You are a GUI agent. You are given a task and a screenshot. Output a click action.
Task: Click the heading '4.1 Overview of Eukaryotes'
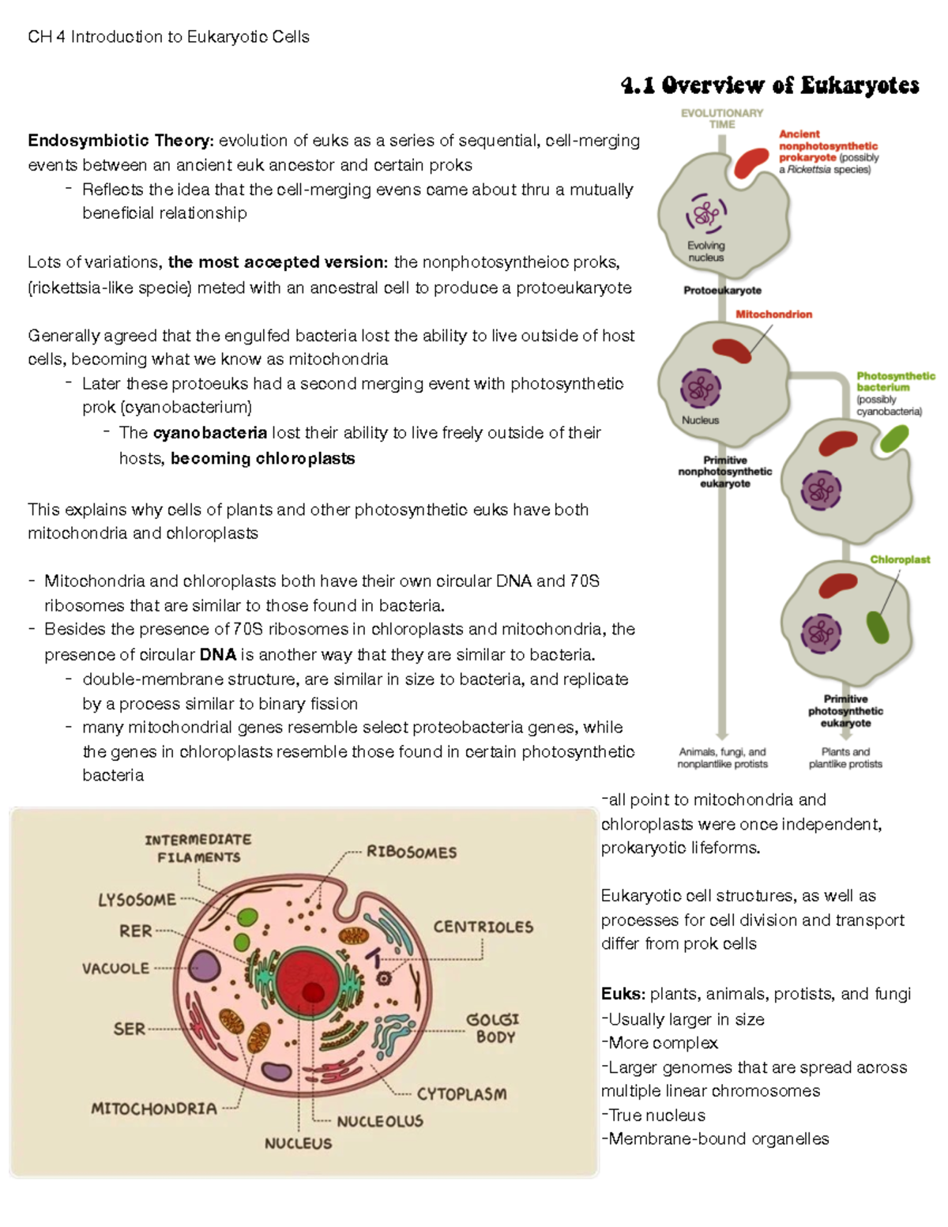pyautogui.click(x=770, y=85)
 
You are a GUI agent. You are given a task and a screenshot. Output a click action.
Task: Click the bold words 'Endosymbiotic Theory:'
pyautogui.click(x=121, y=141)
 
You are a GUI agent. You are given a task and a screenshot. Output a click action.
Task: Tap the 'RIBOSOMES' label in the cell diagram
pyautogui.click(x=412, y=853)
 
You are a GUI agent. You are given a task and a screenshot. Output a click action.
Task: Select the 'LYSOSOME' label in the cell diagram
pyautogui.click(x=137, y=900)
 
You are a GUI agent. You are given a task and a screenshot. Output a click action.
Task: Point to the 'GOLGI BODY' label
pyautogui.click(x=493, y=1028)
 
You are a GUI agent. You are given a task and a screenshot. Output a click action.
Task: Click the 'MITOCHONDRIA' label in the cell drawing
pyautogui.click(x=154, y=1108)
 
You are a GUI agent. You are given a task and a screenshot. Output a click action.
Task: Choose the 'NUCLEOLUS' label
pyautogui.click(x=380, y=1121)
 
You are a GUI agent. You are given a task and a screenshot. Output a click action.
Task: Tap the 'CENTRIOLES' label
pyautogui.click(x=483, y=927)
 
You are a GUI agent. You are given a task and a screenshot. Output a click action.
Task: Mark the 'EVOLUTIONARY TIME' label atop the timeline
pyautogui.click(x=722, y=119)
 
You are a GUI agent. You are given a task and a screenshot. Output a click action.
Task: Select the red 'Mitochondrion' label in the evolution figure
pyautogui.click(x=773, y=314)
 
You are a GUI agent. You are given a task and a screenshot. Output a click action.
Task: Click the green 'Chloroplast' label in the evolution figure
pyautogui.click(x=900, y=559)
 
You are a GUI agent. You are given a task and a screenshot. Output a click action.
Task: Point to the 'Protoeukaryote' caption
pyautogui.click(x=722, y=290)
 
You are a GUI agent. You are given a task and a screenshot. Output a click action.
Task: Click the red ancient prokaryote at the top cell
pyautogui.click(x=751, y=162)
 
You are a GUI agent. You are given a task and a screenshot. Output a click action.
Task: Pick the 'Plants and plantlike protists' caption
pyautogui.click(x=845, y=758)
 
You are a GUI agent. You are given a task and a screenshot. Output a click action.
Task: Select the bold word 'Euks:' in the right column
pyautogui.click(x=623, y=994)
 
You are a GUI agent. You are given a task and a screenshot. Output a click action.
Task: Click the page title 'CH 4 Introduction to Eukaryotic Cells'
pyautogui.click(x=168, y=37)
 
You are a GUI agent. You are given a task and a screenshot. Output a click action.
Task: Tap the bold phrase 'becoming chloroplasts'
pyautogui.click(x=262, y=458)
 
